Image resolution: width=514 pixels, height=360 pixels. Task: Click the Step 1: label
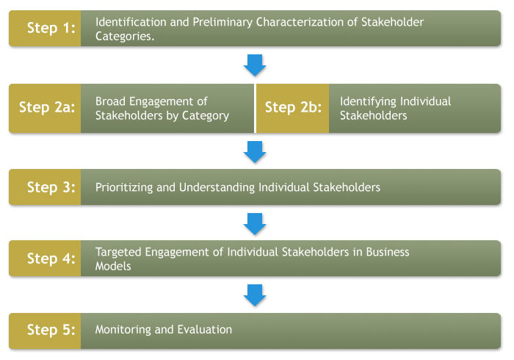(51, 28)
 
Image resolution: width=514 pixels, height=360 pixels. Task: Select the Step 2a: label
(47, 107)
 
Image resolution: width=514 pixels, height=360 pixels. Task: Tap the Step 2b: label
(293, 107)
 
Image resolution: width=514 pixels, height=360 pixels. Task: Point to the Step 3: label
(51, 187)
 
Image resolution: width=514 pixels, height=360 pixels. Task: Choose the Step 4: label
(51, 259)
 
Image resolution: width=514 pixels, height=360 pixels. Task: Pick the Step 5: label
(51, 330)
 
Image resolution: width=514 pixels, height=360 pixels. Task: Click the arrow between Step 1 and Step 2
(255, 65)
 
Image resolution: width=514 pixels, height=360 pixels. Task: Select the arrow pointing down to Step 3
(255, 152)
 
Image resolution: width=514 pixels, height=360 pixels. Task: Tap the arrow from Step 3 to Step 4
(255, 224)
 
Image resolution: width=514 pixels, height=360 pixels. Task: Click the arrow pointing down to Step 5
(255, 295)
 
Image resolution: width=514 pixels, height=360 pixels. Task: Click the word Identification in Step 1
(131, 22)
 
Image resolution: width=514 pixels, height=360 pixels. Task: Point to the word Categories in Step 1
(123, 36)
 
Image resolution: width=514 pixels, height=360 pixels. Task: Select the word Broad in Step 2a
(110, 101)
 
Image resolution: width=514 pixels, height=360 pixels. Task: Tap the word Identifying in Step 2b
(368, 102)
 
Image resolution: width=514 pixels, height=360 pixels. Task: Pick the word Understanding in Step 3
(217, 187)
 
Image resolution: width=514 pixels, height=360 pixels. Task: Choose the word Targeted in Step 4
(118, 253)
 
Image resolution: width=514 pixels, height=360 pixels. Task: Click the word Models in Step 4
(113, 266)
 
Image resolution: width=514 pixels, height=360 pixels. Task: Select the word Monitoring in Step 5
(123, 330)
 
